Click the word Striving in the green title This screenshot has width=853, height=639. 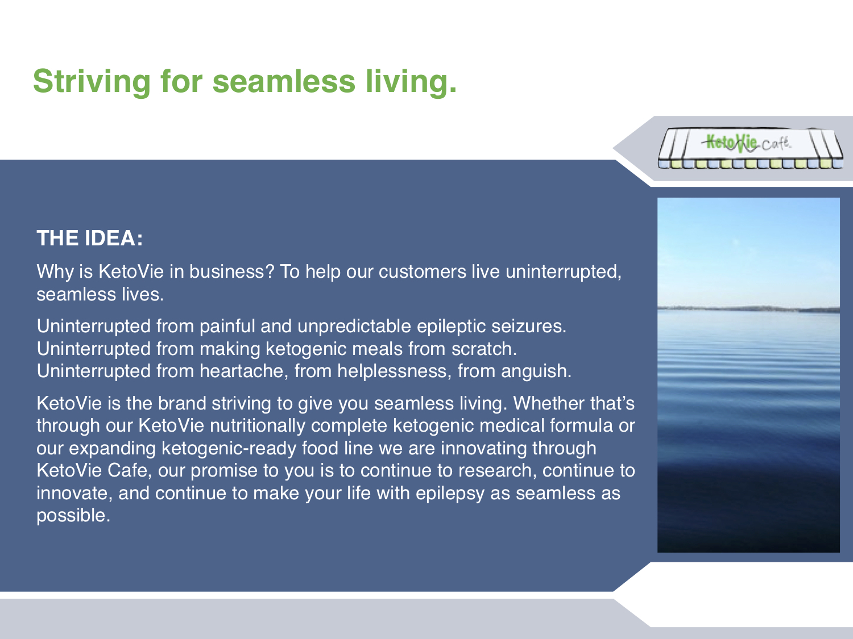pos(92,82)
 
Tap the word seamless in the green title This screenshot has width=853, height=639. pos(284,81)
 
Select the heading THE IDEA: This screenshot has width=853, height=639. pos(90,238)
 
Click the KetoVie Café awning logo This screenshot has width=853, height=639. pos(751,149)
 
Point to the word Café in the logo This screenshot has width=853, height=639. pos(776,144)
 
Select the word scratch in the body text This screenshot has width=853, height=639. pos(484,348)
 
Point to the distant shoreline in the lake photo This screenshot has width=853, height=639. pos(748,309)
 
